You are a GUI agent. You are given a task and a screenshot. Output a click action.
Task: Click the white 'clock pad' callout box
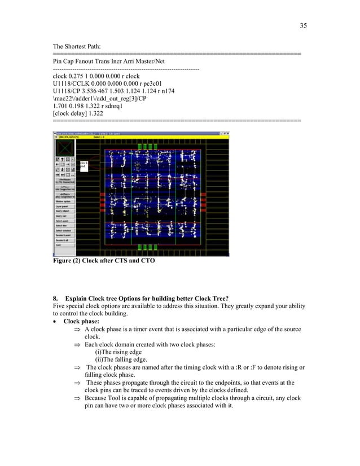pos(83,165)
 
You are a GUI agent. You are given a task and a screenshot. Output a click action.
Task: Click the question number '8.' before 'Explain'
pos(55,298)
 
